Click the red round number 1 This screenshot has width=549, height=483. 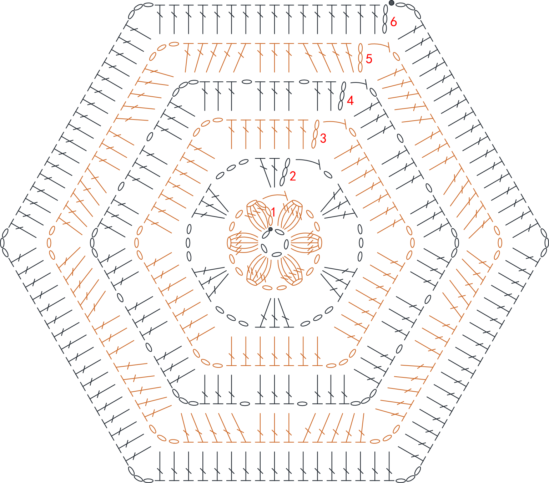[x=273, y=212]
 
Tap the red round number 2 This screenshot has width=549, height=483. [x=293, y=176]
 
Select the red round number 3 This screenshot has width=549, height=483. [x=323, y=138]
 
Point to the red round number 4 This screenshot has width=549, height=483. [x=350, y=101]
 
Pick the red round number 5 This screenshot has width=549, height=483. [x=369, y=59]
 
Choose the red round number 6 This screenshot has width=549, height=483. [x=393, y=21]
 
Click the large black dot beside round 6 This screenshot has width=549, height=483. [x=391, y=3]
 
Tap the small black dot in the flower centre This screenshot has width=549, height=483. [x=270, y=229]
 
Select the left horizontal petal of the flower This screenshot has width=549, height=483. [x=243, y=243]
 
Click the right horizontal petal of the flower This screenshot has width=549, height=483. [x=306, y=243]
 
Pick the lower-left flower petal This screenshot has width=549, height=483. [x=258, y=270]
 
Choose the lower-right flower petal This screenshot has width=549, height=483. [x=291, y=270]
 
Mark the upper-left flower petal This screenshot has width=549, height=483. [x=258, y=215]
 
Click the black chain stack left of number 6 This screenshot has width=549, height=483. [x=385, y=19]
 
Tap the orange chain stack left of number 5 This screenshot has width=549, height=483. [x=361, y=58]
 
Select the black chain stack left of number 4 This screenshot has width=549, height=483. [x=342, y=96]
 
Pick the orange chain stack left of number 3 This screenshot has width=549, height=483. [x=316, y=134]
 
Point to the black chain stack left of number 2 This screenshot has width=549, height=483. [x=285, y=172]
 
